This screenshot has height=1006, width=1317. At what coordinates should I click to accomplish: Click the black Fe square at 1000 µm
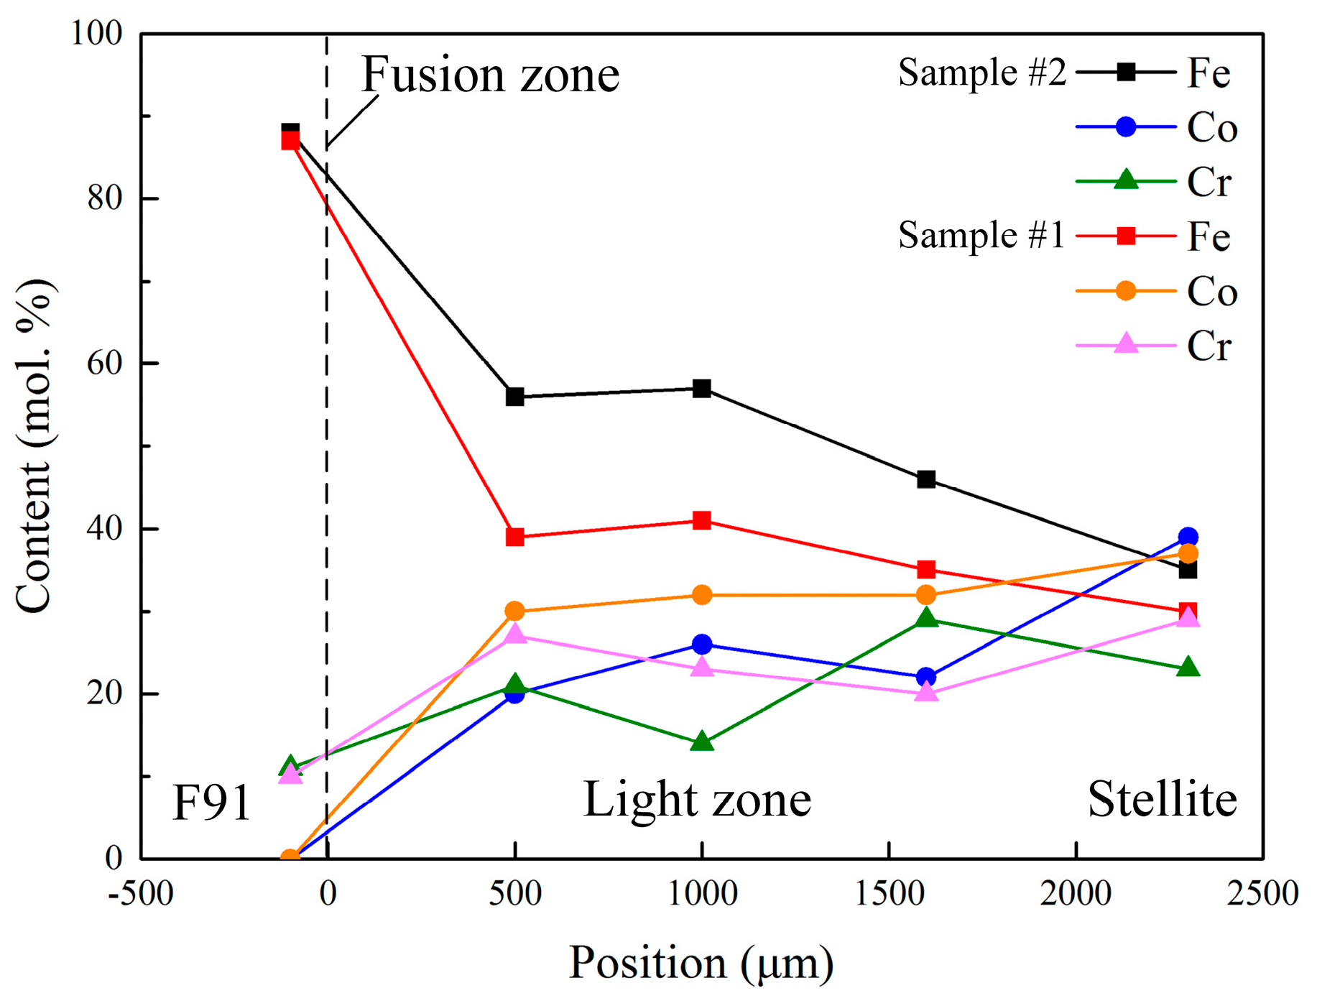pos(702,389)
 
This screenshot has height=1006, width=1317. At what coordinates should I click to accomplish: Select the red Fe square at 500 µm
pos(514,537)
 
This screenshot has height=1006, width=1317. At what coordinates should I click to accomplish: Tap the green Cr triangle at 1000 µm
pos(702,742)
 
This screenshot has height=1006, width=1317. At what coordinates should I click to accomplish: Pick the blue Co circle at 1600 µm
pos(926,677)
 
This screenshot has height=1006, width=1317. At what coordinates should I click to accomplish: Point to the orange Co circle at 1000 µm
pos(702,595)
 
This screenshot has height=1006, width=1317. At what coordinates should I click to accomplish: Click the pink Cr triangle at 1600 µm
pos(926,693)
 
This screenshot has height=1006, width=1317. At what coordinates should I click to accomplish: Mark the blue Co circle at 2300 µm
pos(1188,537)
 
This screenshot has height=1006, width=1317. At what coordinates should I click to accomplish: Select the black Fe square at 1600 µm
pos(926,479)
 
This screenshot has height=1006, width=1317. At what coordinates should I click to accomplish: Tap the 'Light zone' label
pos(697,799)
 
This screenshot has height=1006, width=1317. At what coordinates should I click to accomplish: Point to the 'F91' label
pos(211,803)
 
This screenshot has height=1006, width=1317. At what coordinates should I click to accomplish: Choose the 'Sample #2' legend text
pos(981,73)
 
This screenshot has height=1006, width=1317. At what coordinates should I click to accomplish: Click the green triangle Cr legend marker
pos(1126,180)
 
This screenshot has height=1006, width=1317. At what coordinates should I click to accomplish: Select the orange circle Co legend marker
pos(1126,290)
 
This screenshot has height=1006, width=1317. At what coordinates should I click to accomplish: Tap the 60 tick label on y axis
pos(105,363)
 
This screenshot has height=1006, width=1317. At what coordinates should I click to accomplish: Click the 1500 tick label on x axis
pos(889,894)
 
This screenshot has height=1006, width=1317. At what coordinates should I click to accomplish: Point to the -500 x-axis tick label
pos(141,894)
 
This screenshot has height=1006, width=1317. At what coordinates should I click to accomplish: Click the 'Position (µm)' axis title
pos(701,962)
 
